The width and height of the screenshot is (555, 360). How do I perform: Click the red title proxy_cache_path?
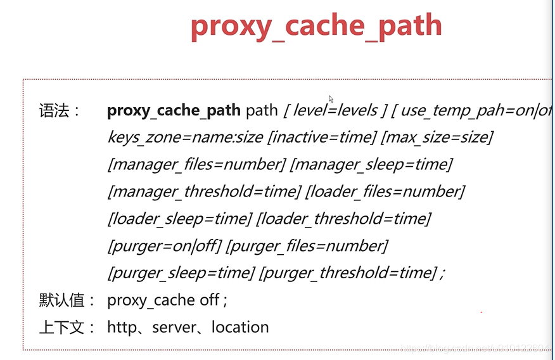coord(316,27)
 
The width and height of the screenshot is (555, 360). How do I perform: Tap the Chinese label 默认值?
coord(67,300)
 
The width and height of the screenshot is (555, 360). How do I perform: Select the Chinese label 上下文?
coord(67,328)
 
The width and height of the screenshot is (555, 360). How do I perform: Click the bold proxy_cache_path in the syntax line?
coord(174,111)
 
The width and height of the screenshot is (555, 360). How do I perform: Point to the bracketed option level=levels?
coord(335,111)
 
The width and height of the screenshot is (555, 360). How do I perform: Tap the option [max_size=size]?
coord(438,138)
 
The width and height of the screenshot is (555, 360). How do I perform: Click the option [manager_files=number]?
coord(196,165)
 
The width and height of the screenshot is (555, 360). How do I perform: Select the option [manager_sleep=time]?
coord(371,165)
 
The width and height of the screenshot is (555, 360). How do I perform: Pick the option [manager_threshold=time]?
coord(204,192)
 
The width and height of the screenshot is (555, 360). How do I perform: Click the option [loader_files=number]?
coord(385,192)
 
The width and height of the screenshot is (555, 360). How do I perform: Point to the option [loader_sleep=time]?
coord(179,219)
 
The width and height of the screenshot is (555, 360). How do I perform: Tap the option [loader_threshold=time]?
coord(343,219)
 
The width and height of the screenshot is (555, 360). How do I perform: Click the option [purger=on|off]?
coord(164,246)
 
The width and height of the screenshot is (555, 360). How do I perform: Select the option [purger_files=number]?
coord(307,246)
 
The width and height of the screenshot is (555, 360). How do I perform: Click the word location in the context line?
coord(240,328)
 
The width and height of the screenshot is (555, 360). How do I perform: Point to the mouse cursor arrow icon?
coord(331,99)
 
